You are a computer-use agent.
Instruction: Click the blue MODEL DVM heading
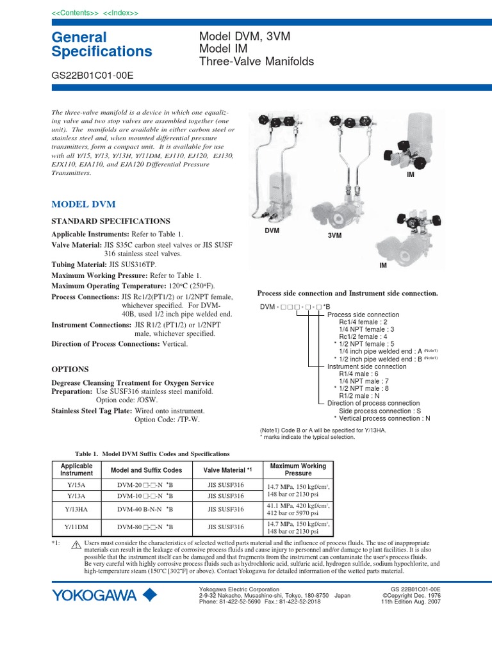click(x=83, y=204)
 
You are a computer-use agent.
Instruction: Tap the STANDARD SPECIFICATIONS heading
click(x=110, y=220)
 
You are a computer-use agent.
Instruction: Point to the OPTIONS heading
click(x=70, y=370)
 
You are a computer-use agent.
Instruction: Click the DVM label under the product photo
click(x=272, y=230)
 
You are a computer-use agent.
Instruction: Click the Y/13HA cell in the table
click(x=76, y=509)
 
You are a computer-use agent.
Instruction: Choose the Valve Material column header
click(x=229, y=470)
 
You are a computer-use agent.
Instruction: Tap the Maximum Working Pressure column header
click(x=298, y=470)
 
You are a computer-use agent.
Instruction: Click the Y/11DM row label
click(x=76, y=527)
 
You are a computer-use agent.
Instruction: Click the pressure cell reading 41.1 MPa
click(x=298, y=509)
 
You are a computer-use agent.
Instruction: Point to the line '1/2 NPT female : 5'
click(x=368, y=343)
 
